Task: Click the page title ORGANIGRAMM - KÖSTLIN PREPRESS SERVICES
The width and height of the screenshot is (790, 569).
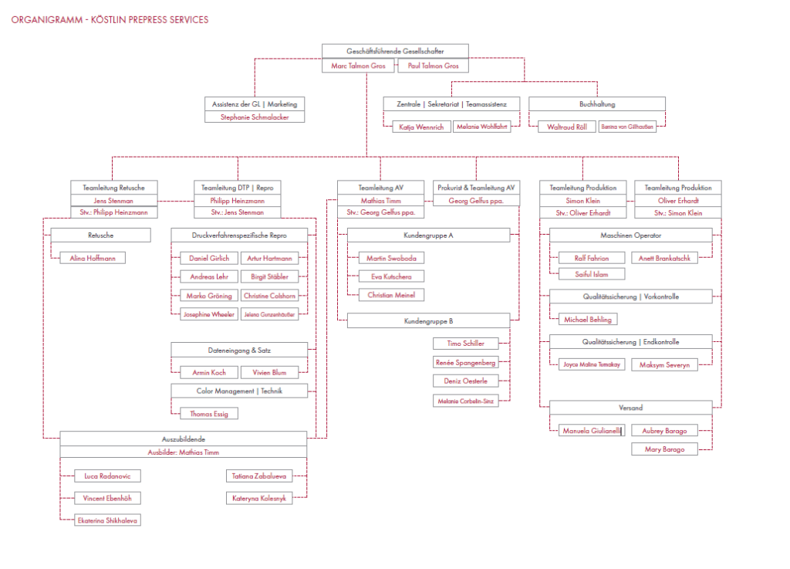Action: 110,20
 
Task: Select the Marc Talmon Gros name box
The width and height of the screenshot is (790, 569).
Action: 358,66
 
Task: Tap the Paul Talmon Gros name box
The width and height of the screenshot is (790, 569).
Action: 433,66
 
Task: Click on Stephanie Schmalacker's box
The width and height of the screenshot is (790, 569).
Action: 255,117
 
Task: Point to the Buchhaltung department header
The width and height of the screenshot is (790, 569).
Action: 597,103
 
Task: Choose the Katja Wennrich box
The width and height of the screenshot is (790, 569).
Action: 421,127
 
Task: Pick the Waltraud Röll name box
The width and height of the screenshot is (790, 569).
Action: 566,127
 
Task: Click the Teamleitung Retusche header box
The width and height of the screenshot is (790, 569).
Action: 114,188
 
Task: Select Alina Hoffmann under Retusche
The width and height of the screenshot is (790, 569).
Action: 93,259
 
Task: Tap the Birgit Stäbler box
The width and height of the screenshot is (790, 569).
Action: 268,276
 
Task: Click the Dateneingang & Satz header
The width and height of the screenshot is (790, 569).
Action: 239,350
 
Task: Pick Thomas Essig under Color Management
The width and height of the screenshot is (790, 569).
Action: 209,414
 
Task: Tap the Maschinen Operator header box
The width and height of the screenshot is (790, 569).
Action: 630,235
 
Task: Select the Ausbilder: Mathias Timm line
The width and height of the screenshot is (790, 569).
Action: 184,452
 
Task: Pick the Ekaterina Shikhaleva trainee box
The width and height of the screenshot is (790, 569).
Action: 108,520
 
